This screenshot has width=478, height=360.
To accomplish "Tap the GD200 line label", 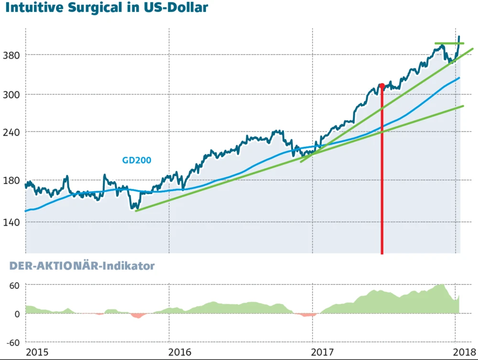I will [x=137, y=160].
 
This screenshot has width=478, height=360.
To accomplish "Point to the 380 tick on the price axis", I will [x=12, y=55].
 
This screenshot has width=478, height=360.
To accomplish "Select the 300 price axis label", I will [x=12, y=94].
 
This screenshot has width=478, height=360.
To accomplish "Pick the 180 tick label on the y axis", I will [x=12, y=180].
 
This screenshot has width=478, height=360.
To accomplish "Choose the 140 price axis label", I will [x=12, y=222].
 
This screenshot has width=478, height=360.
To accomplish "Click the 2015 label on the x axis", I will [x=37, y=352].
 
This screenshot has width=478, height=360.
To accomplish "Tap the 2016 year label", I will [x=180, y=352].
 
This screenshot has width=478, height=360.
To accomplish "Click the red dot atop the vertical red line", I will [x=381, y=86].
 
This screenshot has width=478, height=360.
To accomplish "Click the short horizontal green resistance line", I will [x=449, y=44].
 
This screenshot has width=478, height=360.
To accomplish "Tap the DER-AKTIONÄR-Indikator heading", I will [x=78, y=266].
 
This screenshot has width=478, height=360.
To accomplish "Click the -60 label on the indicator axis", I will [x=13, y=342].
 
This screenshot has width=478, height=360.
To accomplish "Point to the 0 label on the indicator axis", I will [x=17, y=314].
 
